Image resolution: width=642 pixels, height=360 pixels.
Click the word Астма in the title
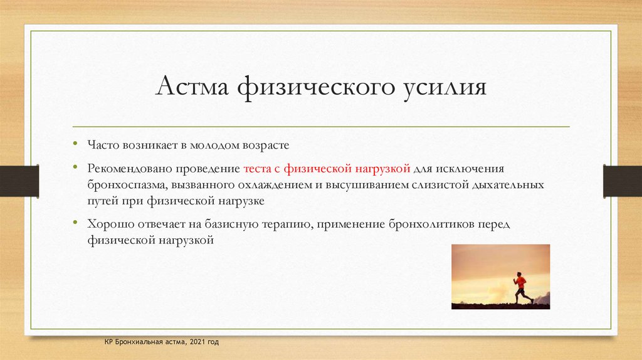click(192, 86)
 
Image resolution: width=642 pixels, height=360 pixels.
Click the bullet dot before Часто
click(75, 143)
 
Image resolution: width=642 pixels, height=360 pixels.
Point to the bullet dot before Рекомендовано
click(75, 167)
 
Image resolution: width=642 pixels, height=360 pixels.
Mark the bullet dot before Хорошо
click(75, 222)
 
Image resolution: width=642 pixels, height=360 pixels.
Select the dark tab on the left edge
click(19, 181)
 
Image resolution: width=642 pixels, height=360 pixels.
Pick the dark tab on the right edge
click(623, 181)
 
